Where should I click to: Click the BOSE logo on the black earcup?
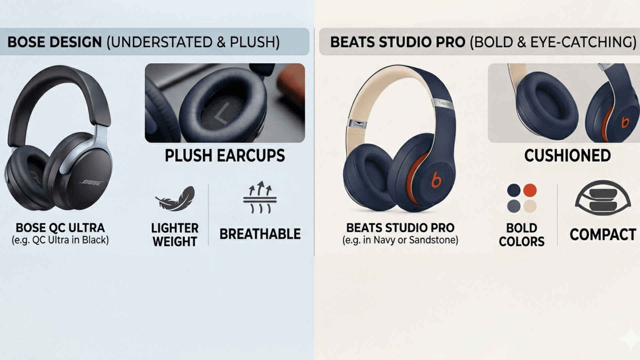(91, 183)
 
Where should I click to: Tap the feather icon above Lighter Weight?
(175, 199)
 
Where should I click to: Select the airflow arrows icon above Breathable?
(260, 197)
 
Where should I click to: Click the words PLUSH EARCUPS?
(225, 156)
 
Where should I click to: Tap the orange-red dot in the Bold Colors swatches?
(530, 190)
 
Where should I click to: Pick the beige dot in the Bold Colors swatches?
(530, 206)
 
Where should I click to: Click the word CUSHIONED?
(567, 156)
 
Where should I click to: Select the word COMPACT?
(603, 234)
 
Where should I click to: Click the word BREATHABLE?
(260, 234)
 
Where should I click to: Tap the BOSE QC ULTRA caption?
(60, 228)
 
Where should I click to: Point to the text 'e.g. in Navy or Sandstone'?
(400, 240)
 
